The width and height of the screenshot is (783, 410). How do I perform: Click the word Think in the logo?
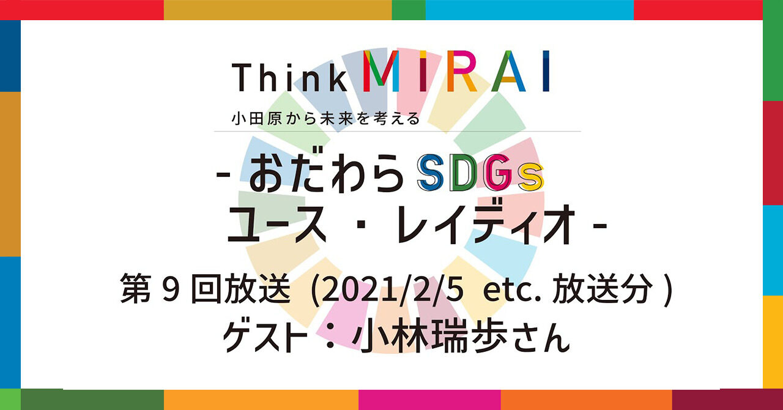289,77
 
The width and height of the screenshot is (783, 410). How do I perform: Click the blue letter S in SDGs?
431,173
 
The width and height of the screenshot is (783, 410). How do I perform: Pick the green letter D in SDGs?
466,173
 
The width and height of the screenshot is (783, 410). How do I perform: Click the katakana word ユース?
276,224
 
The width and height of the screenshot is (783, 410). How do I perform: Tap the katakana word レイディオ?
486,224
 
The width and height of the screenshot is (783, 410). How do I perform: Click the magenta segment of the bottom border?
429,400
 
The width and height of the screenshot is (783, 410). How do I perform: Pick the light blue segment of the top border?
530,10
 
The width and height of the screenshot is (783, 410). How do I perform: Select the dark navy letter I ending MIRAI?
546,71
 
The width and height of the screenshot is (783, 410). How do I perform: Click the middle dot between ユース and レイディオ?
362,224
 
